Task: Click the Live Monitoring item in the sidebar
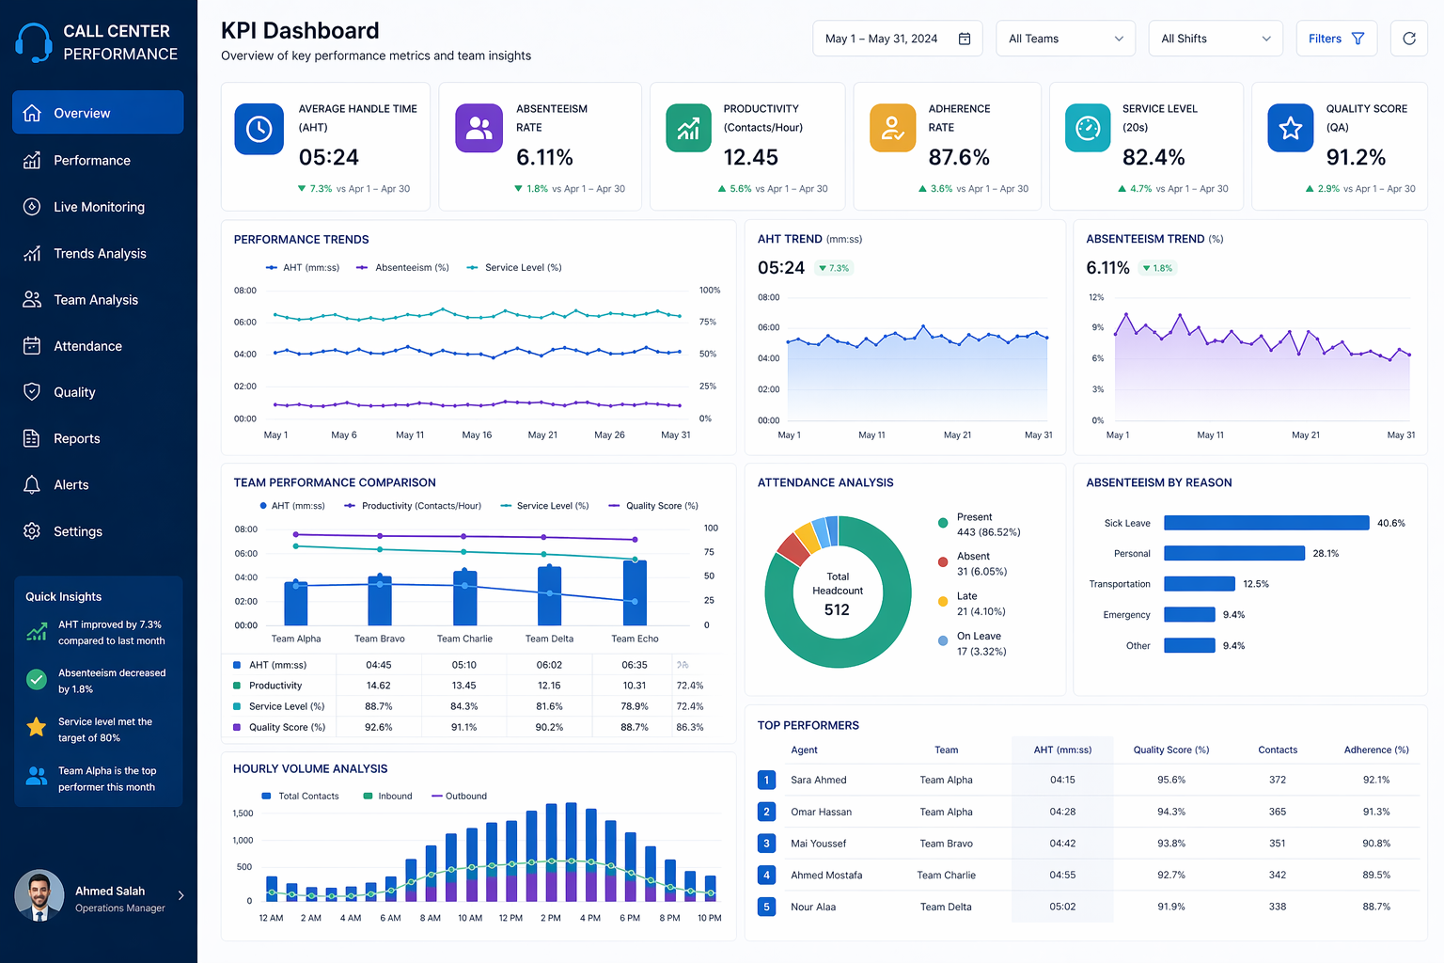click(99, 207)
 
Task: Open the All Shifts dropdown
click(1215, 39)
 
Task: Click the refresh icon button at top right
click(1408, 39)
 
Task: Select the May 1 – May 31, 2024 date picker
click(897, 39)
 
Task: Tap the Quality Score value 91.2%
click(1355, 157)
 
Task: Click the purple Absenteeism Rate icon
click(479, 128)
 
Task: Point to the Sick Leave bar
click(1265, 523)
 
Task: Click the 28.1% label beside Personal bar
click(1326, 554)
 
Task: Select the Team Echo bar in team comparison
click(635, 592)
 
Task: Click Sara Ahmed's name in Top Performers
click(818, 781)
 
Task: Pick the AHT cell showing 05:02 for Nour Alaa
click(1062, 908)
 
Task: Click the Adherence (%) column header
click(1375, 750)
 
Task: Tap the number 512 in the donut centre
click(837, 609)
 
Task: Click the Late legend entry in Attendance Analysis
click(966, 597)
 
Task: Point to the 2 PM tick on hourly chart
click(551, 918)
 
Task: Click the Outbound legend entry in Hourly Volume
click(465, 797)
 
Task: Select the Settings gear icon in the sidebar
click(32, 531)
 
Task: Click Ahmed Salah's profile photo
click(39, 895)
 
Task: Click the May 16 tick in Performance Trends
click(477, 435)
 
